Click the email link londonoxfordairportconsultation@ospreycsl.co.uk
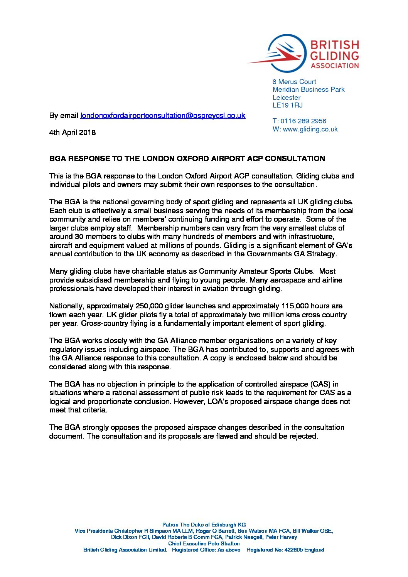(x=162, y=115)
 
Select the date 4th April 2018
(x=72, y=132)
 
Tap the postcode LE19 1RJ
(x=288, y=105)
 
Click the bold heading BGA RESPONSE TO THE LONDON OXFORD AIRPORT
(x=187, y=158)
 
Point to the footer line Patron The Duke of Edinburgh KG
(x=204, y=525)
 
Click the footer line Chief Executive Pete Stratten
(x=204, y=543)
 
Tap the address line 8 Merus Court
(x=294, y=82)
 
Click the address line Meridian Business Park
(x=309, y=89)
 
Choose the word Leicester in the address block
(x=286, y=98)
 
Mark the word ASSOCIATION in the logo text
(x=335, y=66)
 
